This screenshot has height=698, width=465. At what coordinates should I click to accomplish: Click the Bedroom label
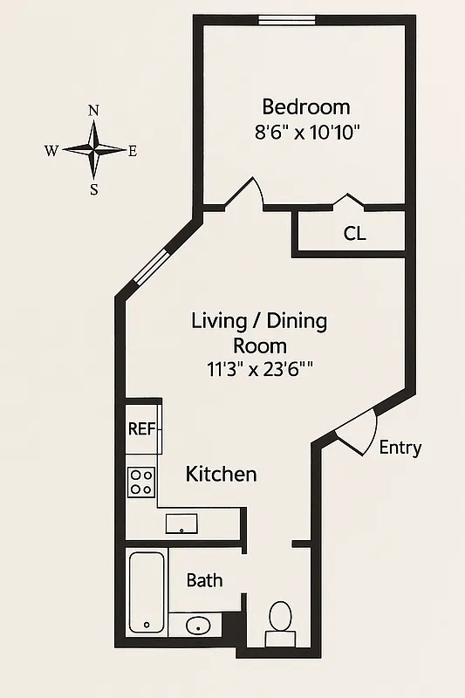pyautogui.click(x=306, y=107)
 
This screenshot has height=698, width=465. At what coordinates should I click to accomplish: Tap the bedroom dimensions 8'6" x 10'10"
pyautogui.click(x=306, y=133)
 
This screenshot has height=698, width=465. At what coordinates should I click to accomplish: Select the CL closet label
pyautogui.click(x=354, y=234)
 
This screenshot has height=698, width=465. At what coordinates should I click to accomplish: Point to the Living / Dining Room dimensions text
pyautogui.click(x=258, y=369)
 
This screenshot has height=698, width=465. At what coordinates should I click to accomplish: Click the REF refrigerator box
pyautogui.click(x=142, y=428)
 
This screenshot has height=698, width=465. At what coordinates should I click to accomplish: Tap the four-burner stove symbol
pyautogui.click(x=141, y=482)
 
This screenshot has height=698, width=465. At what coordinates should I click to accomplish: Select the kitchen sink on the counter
pyautogui.click(x=181, y=523)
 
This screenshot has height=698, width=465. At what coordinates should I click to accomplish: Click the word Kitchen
pyautogui.click(x=221, y=475)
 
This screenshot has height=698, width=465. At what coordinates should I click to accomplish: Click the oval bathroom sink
pyautogui.click(x=199, y=626)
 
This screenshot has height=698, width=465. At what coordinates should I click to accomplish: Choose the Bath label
pyautogui.click(x=204, y=581)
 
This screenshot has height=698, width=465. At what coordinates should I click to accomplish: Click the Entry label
pyautogui.click(x=400, y=448)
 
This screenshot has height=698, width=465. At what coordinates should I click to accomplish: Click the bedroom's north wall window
pyautogui.click(x=288, y=19)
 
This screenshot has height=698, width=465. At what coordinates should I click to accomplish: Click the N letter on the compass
pyautogui.click(x=93, y=111)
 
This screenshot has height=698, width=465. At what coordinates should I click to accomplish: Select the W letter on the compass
pyautogui.click(x=51, y=150)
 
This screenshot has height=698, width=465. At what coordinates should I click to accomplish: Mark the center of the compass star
pyautogui.click(x=93, y=150)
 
